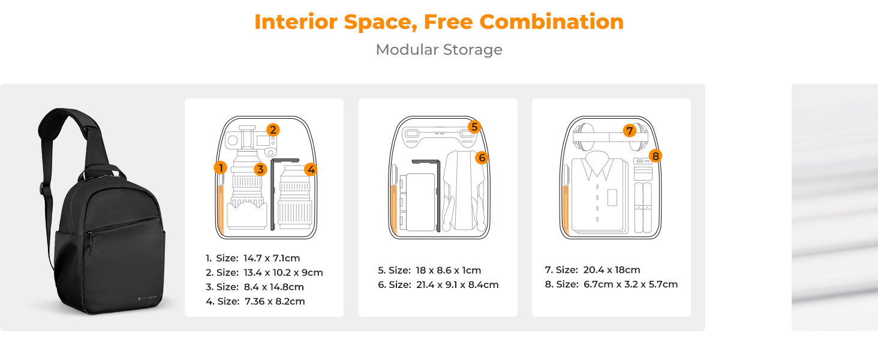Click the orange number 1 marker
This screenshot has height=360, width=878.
coord(221,167)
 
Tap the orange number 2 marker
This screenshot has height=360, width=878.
coord(273,130)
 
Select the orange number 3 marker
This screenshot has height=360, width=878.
coord(260,169)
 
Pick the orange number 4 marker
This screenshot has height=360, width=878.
coord(311,169)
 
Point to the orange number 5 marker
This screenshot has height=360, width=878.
coord(474,127)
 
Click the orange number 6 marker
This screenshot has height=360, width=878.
coord(482,157)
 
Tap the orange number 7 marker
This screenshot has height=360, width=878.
coord(629,130)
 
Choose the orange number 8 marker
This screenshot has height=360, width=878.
coord(656,156)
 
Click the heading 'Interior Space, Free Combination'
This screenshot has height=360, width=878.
coord(439,22)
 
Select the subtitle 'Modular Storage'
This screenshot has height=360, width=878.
coord(439,50)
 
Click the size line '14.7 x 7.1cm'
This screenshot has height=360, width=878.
coord(252,259)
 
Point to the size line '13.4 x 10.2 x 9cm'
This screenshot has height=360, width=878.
coord(264,273)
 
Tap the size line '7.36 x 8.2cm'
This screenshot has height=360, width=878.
coord(255,302)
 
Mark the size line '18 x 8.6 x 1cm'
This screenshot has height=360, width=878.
coord(429,271)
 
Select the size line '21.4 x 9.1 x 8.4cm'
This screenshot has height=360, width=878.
coord(438,285)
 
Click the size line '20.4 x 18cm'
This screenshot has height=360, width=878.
coord(593,270)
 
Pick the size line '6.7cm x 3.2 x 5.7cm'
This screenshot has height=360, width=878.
coord(611,284)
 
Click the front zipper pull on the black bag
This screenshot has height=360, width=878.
coord(91,238)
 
